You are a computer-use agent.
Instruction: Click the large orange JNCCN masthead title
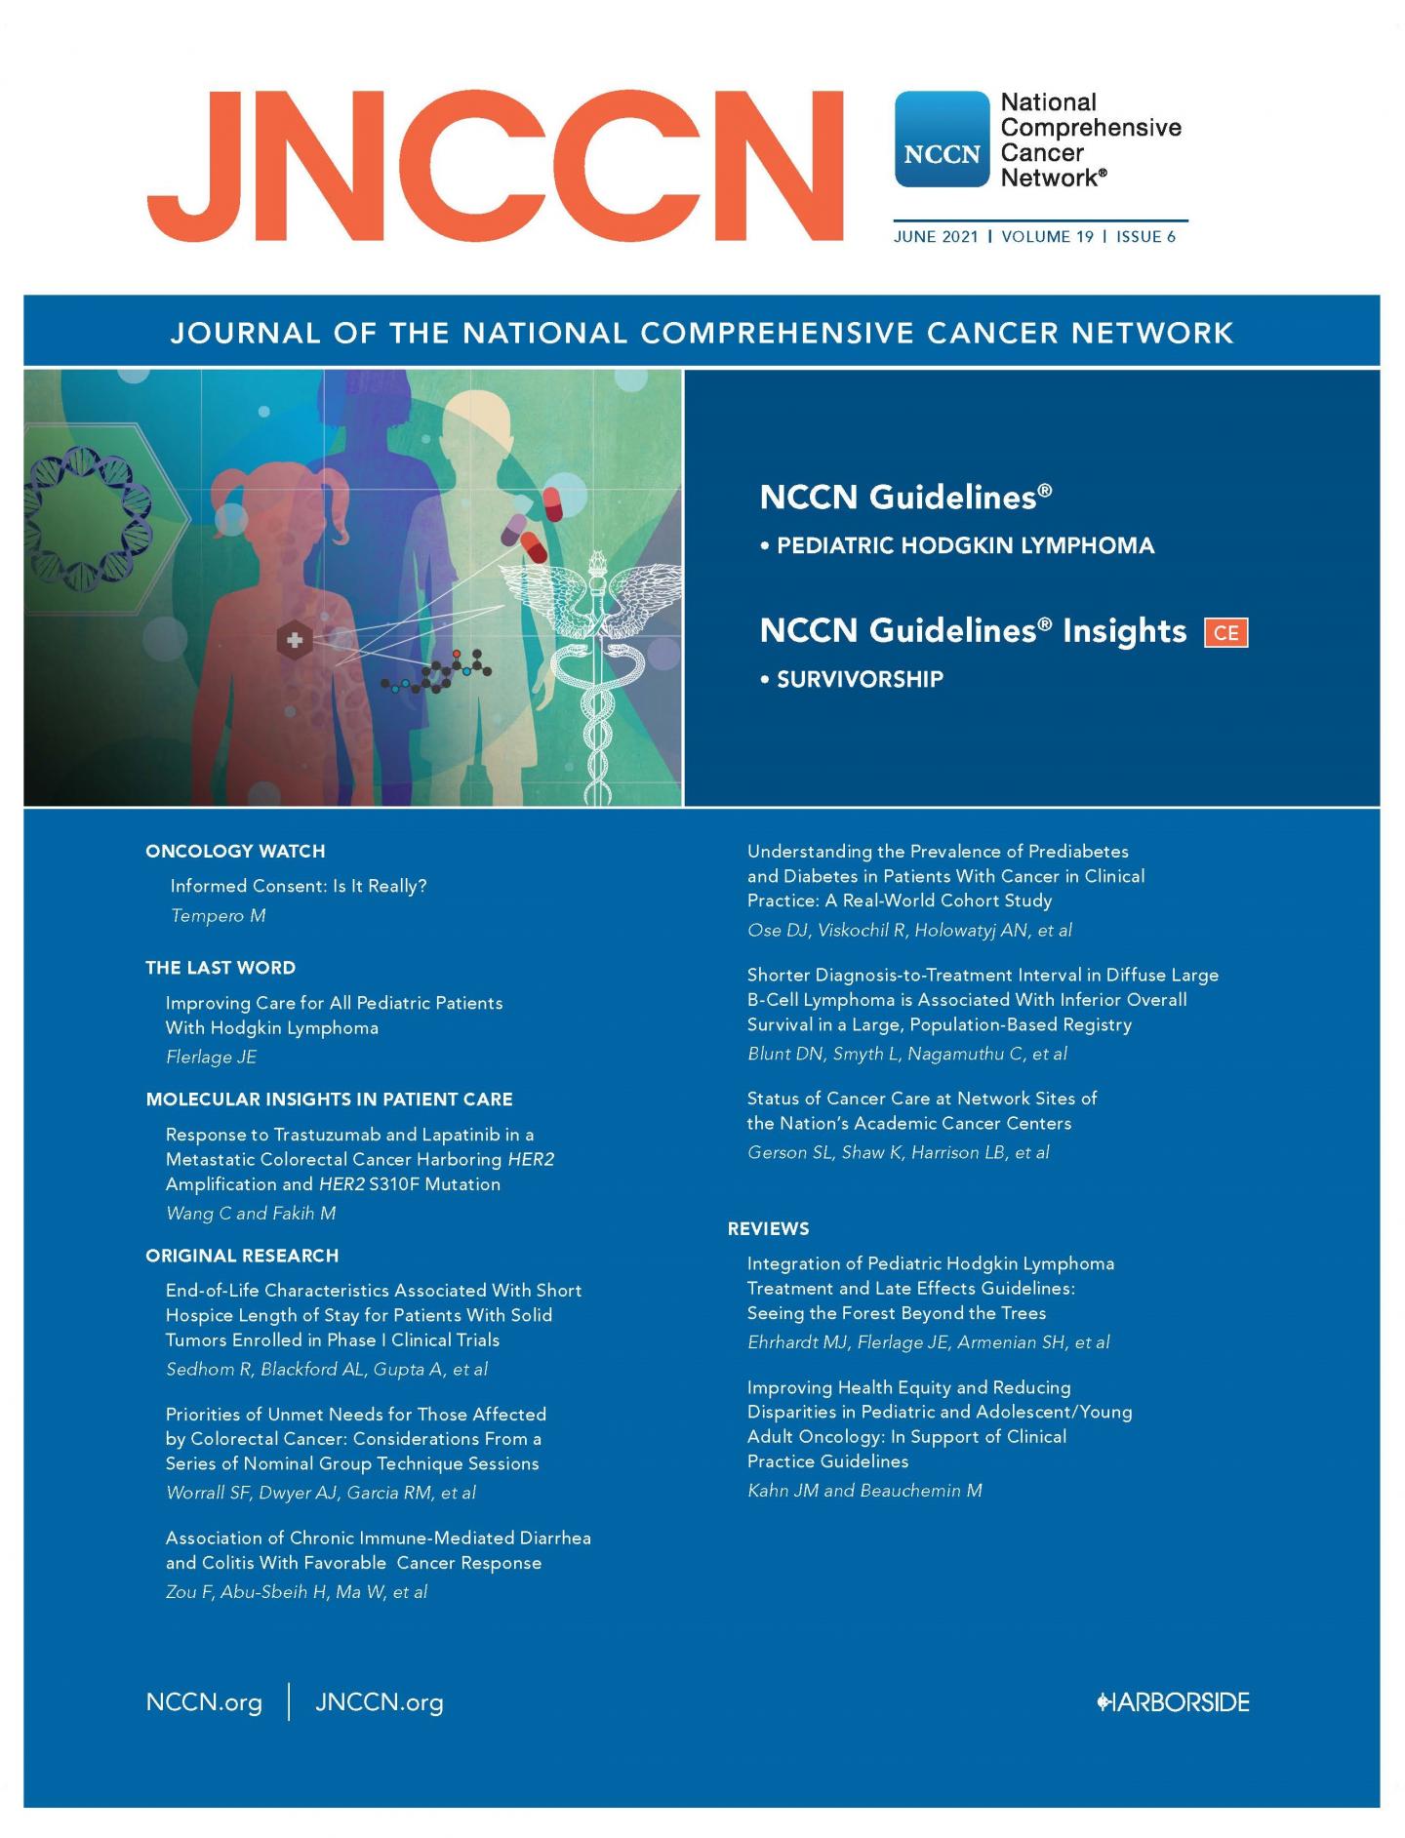click(495, 165)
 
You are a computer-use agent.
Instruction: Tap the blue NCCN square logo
click(942, 140)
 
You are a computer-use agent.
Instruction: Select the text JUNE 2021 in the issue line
click(935, 237)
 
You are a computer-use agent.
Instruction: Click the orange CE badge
click(1225, 632)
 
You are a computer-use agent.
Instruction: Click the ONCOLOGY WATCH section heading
click(235, 851)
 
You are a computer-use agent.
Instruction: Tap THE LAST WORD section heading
click(221, 968)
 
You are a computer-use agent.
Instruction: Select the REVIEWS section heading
click(769, 1228)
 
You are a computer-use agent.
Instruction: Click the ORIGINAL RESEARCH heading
click(242, 1256)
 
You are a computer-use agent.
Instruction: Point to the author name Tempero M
click(218, 915)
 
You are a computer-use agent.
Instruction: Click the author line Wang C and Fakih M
click(251, 1214)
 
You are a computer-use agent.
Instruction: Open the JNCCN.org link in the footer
click(380, 1702)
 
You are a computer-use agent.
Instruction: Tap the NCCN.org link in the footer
click(204, 1702)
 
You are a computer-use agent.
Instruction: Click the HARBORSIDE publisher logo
click(1173, 1702)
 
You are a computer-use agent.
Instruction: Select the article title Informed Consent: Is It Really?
click(299, 886)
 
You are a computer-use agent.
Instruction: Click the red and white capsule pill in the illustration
click(552, 502)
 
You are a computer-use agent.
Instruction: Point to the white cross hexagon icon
click(294, 641)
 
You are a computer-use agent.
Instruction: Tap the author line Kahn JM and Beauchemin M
click(864, 1491)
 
